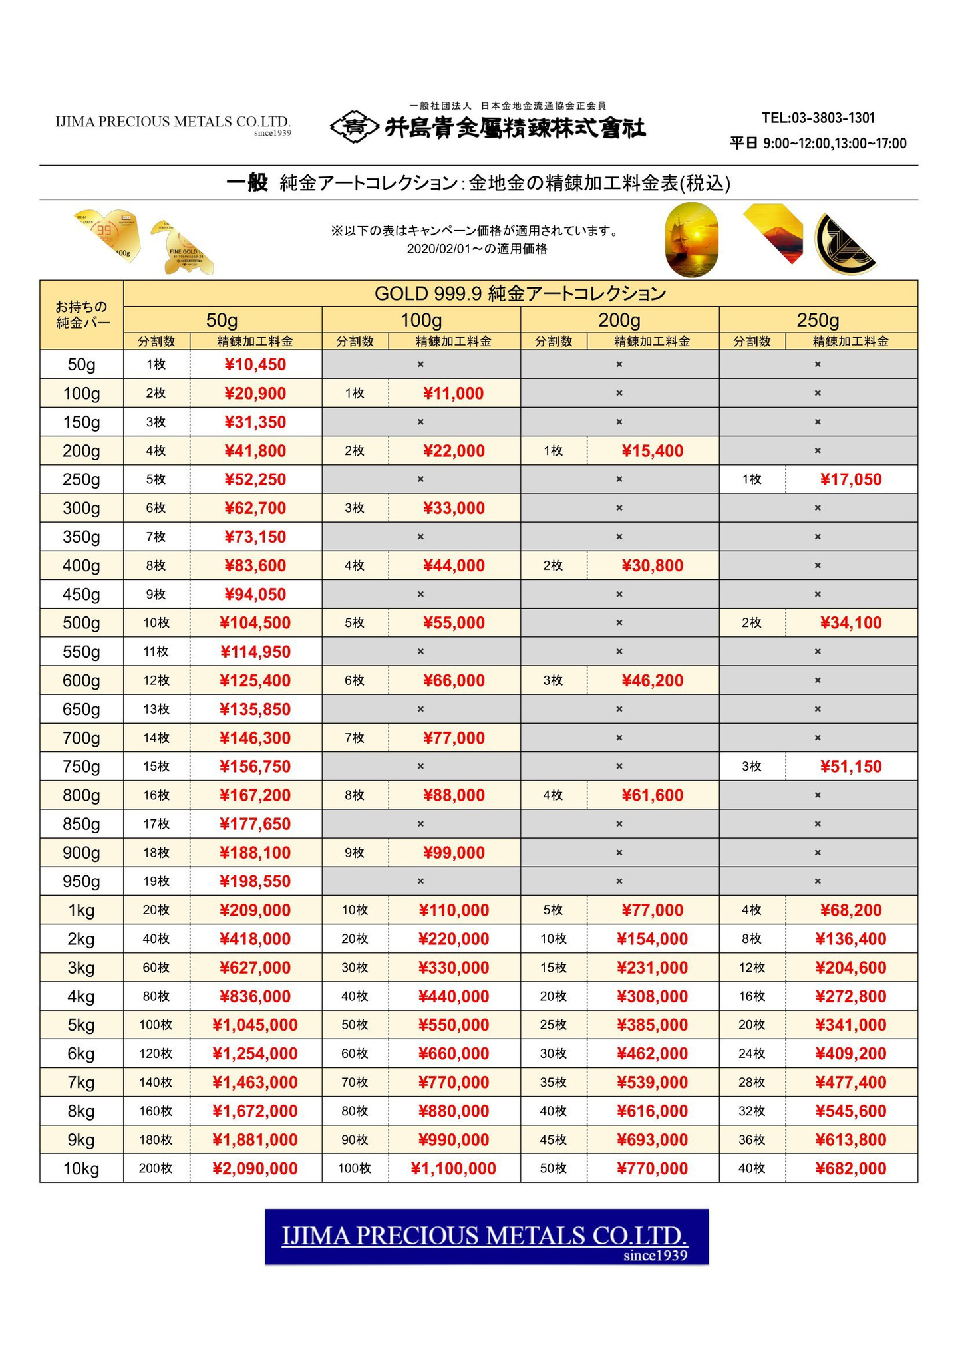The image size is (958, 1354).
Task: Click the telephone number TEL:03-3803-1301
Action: point(818,118)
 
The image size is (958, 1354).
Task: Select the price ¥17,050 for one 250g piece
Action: point(850,479)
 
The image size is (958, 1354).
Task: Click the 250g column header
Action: point(818,320)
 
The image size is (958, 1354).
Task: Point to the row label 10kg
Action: point(81,1168)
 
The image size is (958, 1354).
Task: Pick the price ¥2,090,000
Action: point(255,1168)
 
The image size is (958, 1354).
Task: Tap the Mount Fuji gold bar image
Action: point(774,234)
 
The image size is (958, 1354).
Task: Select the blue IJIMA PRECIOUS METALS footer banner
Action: point(486,1236)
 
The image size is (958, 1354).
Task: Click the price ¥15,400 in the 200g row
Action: point(652,451)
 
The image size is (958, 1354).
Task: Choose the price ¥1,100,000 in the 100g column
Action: point(453,1168)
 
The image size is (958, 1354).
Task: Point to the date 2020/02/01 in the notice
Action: point(438,249)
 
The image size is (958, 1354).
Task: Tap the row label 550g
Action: point(81,652)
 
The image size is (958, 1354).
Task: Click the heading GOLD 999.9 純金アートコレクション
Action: point(520,293)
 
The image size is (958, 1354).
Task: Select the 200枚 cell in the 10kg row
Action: point(156,1168)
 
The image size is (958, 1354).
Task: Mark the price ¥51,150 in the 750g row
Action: point(850,767)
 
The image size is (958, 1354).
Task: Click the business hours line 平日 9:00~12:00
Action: point(818,144)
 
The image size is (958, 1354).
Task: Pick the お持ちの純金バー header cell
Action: point(81,315)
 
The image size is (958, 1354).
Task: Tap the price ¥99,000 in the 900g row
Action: point(453,853)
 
